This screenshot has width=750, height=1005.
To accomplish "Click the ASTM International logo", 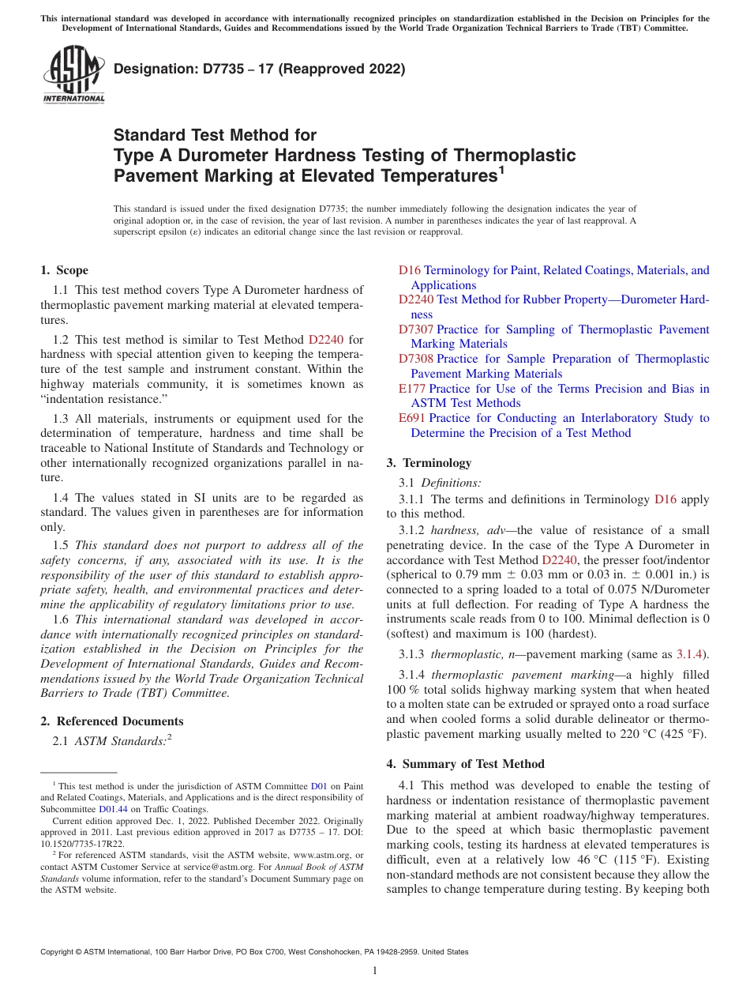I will (73, 75).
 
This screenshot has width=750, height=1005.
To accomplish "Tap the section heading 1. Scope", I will (65, 270).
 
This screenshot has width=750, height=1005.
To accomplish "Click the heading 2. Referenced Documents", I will (112, 721).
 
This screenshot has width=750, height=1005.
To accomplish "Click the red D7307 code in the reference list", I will (415, 329).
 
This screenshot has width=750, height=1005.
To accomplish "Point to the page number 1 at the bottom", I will (375, 970).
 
